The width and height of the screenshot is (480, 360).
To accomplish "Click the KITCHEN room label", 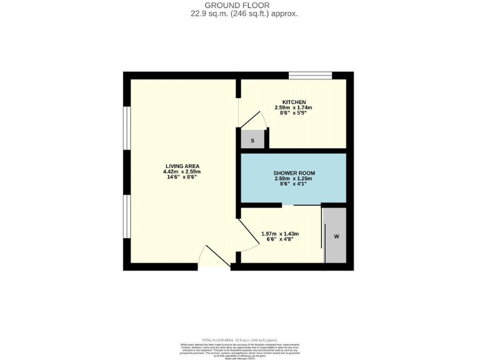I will (x=294, y=102).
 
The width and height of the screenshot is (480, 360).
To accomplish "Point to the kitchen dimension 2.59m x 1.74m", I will (x=293, y=108).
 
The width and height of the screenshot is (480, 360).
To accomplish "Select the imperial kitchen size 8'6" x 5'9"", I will (x=293, y=114).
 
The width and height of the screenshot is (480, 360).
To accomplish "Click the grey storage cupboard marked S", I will (x=252, y=141).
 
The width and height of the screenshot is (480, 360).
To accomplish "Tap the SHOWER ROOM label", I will (x=294, y=173).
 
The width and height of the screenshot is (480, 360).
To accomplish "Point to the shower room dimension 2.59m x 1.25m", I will (x=294, y=179).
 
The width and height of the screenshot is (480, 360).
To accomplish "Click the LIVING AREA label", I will (x=181, y=166).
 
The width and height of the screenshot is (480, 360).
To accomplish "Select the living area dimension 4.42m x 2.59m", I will (x=181, y=172).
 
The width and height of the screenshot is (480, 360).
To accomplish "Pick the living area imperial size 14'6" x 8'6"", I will (x=181, y=178).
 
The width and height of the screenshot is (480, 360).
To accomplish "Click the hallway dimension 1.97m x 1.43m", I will (x=280, y=234).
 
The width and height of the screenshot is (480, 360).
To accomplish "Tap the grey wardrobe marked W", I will (x=336, y=236).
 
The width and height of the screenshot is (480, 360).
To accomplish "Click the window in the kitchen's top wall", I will (x=310, y=76).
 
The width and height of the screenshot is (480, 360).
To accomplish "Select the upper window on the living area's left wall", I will (x=126, y=128).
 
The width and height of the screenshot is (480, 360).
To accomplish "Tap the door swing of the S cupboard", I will (x=253, y=120).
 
